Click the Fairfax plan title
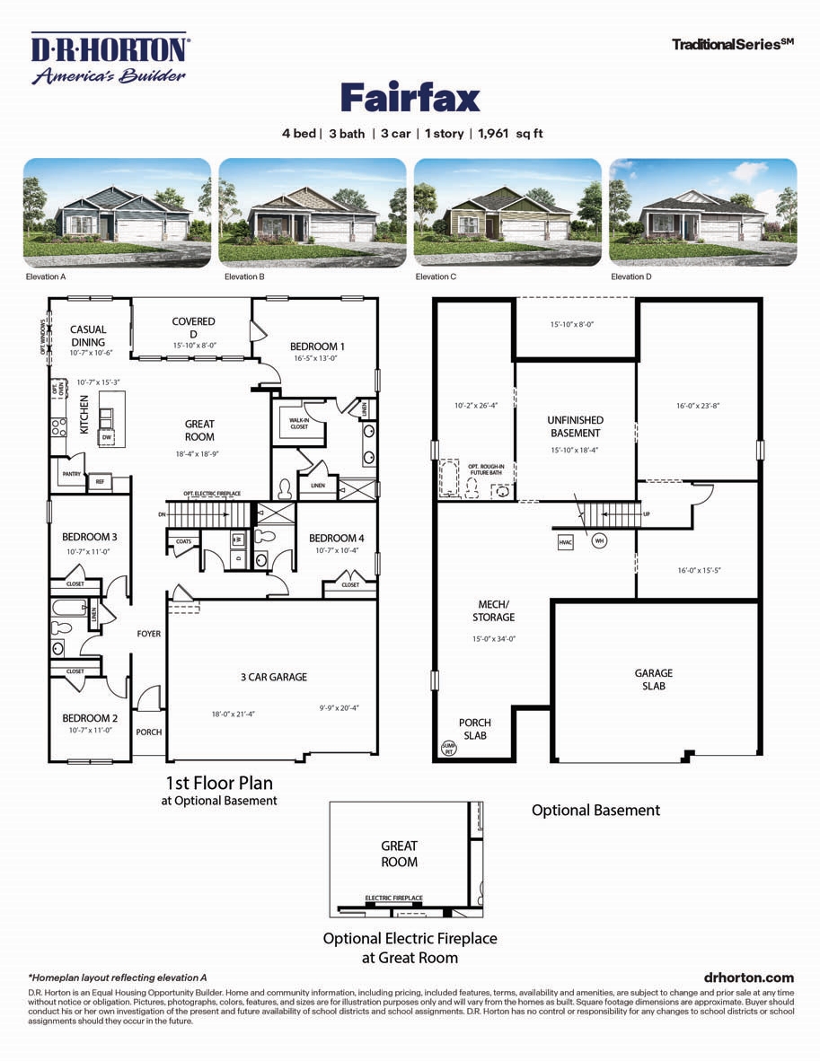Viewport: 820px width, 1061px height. click(x=410, y=98)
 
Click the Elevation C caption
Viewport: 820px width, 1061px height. click(x=436, y=277)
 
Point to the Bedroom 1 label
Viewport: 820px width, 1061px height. click(x=317, y=346)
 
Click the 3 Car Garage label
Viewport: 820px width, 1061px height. click(x=275, y=678)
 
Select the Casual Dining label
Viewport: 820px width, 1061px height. click(x=88, y=336)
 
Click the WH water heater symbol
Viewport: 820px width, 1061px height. click(x=597, y=540)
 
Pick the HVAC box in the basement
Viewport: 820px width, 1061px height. click(x=565, y=542)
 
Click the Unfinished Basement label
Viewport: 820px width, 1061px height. click(x=576, y=426)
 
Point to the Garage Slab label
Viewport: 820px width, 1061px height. click(x=653, y=680)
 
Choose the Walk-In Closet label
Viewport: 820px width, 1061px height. click(x=298, y=423)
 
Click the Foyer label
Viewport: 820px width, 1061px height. click(x=148, y=634)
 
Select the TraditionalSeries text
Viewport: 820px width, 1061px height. click(x=732, y=43)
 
